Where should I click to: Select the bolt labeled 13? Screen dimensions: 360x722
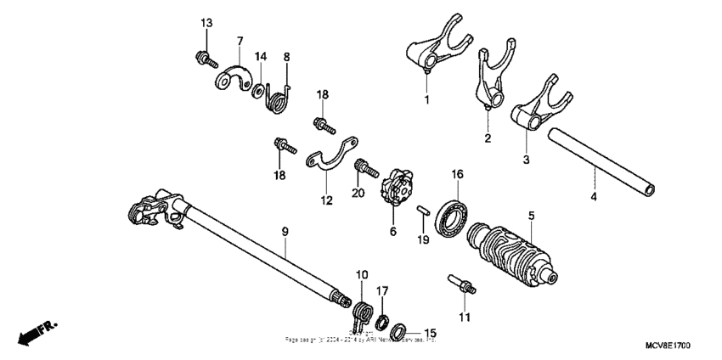tap(203, 58)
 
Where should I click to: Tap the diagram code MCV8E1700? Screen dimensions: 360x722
tap(668, 348)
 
